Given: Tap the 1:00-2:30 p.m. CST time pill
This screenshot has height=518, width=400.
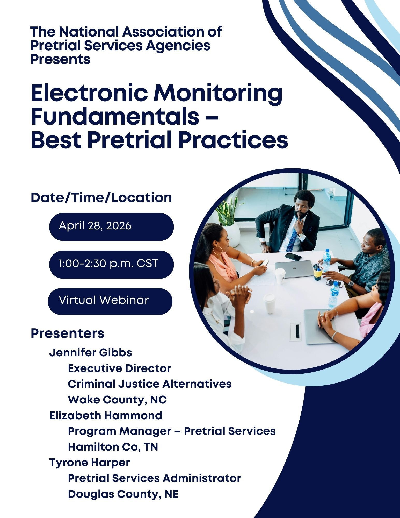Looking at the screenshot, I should click(x=111, y=264).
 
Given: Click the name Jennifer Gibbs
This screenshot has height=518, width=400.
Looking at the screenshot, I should click(x=91, y=353).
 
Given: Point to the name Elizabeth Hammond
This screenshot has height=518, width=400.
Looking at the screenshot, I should click(x=106, y=415).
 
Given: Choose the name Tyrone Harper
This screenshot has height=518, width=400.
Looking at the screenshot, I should click(x=90, y=463).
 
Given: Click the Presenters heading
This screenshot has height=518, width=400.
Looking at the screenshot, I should click(x=67, y=333).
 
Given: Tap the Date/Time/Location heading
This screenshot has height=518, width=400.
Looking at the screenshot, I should click(x=101, y=198).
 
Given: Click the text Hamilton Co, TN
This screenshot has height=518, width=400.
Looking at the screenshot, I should click(x=113, y=447).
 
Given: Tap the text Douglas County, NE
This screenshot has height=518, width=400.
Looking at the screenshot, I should click(x=123, y=494).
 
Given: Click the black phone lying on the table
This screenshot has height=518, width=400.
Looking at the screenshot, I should click(x=293, y=257).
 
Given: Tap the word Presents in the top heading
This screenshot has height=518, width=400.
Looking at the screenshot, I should click(x=60, y=59).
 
